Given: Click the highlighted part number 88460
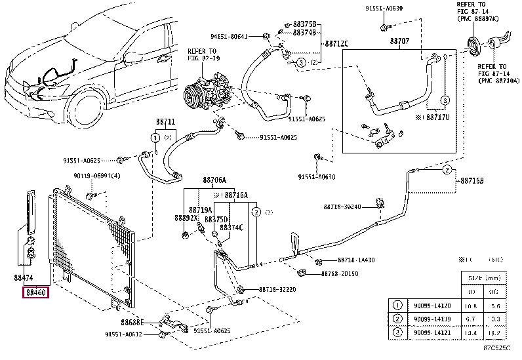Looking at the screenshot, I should pyautogui.click(x=35, y=292).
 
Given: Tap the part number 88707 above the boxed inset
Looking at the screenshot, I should pyautogui.click(x=399, y=41).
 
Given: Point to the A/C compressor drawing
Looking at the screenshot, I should pyautogui.click(x=207, y=95).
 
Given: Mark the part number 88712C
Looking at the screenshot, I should pyautogui.click(x=335, y=44).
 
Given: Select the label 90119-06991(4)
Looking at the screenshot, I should pyautogui.click(x=97, y=176).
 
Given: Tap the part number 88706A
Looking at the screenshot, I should pyautogui.click(x=214, y=180).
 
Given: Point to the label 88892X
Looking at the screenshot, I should pyautogui.click(x=185, y=218).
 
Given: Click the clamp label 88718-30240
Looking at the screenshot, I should pyautogui.click(x=342, y=207).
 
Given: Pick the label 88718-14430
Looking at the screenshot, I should pyautogui.click(x=357, y=260).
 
